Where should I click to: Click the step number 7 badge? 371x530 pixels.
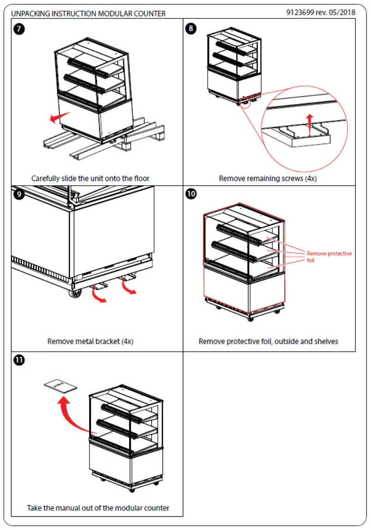tap(19, 29)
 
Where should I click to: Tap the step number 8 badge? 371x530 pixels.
tap(191, 29)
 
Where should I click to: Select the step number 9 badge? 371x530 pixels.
tap(19, 194)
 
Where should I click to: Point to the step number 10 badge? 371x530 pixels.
tap(191, 194)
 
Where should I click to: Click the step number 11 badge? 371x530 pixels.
tap(19, 360)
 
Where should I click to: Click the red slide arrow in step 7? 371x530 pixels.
tap(60, 118)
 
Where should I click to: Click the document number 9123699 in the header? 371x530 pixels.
tap(301, 12)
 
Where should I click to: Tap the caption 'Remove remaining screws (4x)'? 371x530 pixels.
tap(268, 178)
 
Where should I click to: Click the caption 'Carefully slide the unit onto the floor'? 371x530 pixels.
tap(90, 178)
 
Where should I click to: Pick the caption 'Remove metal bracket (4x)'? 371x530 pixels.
tap(90, 342)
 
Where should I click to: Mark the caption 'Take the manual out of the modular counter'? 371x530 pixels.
tap(98, 508)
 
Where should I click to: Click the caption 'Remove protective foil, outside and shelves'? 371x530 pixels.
tap(268, 342)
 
